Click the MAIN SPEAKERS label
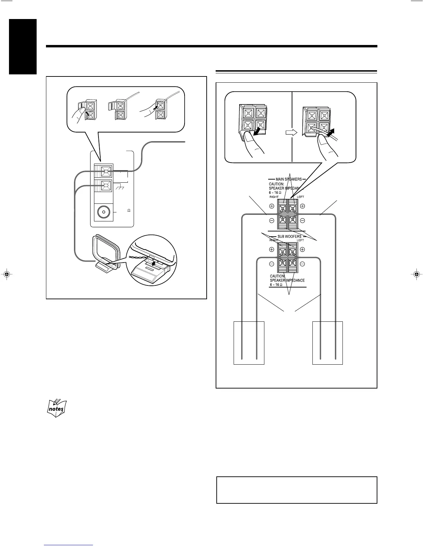click(x=289, y=179)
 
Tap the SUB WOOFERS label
click(x=289, y=237)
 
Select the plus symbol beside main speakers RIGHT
click(x=272, y=206)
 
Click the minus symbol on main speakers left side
click(x=302, y=220)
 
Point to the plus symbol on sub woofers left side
click(x=302, y=249)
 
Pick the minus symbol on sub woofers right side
click(x=272, y=264)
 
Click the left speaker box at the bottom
click(x=249, y=342)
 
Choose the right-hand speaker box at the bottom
click(x=327, y=342)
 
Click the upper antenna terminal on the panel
click(x=105, y=171)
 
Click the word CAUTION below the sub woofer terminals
click(x=277, y=276)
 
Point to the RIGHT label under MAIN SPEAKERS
click(x=274, y=197)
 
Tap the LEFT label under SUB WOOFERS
click(x=300, y=240)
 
